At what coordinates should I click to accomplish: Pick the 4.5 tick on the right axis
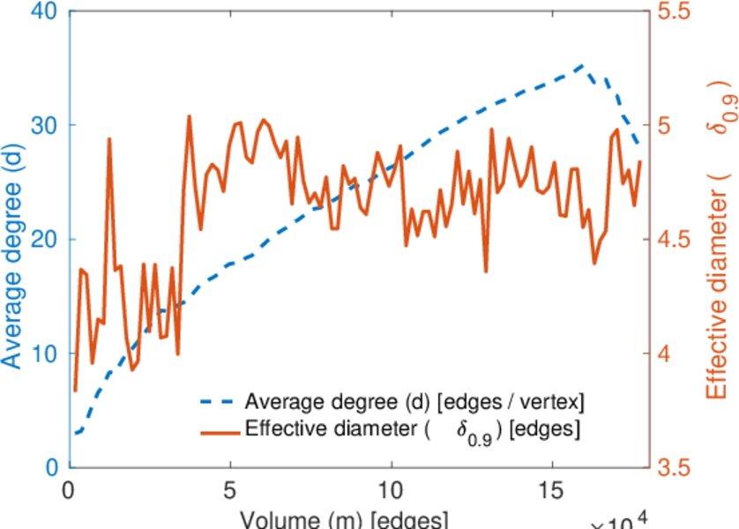[x=676, y=239]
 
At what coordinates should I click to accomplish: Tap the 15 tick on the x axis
[x=552, y=488]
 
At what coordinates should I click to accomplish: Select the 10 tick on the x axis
[x=391, y=488]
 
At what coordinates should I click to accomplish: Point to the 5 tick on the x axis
[x=230, y=488]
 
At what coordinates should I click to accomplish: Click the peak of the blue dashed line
[x=581, y=65]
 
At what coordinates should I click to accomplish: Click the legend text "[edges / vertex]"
[x=511, y=402]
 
